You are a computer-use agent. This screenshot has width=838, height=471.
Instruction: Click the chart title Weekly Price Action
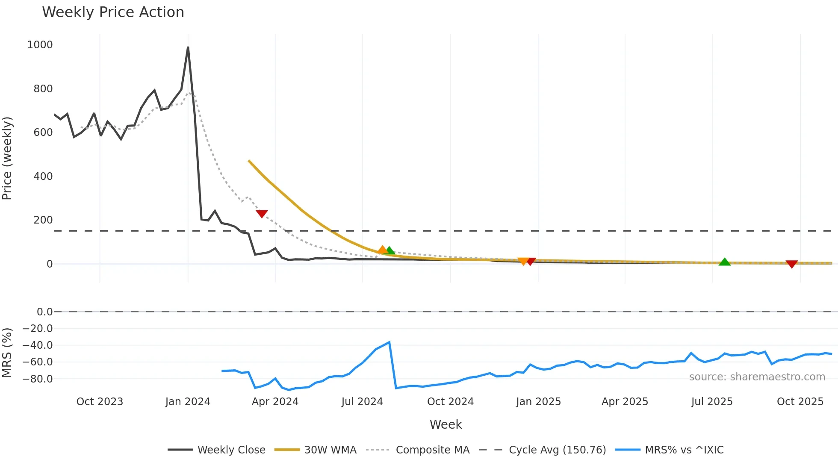pos(113,12)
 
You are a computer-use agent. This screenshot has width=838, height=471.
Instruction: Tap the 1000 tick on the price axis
pos(40,45)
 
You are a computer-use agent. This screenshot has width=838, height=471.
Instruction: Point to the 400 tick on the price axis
pos(43,176)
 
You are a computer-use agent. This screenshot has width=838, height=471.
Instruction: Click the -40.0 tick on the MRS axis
pos(38,345)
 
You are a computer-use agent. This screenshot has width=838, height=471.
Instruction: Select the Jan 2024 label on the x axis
pos(188,402)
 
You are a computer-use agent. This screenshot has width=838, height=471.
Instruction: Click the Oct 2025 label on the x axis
pos(800,402)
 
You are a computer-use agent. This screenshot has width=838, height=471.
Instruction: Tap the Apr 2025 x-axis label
pos(625,402)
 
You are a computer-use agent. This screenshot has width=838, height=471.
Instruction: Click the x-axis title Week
pos(446,424)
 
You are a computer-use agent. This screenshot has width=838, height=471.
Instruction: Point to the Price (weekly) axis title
pos(7,158)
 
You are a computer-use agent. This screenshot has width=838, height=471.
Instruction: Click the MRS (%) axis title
pos(7,353)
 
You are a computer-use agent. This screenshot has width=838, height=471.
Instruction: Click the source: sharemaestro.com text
pos(757,377)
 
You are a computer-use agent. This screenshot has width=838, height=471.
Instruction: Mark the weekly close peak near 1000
pos(188,47)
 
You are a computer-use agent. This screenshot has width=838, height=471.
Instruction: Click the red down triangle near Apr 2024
pos(262,214)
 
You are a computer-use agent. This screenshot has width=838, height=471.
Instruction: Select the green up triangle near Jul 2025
pos(725,262)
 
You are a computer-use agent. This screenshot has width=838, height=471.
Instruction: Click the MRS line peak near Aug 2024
pos(389,342)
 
